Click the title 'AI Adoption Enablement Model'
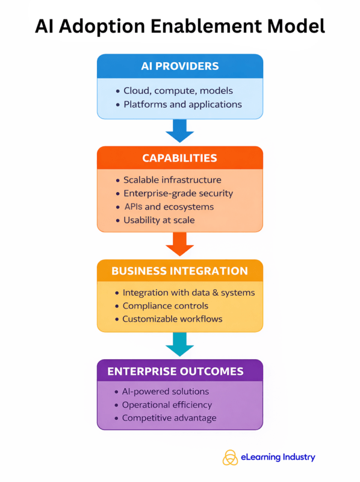(x=180, y=26)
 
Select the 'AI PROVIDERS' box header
(x=180, y=66)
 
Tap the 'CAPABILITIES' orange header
(x=180, y=158)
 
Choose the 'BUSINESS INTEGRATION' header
(x=180, y=271)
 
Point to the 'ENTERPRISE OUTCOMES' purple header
(x=180, y=371)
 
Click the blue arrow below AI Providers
(x=180, y=130)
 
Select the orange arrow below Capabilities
(x=180, y=243)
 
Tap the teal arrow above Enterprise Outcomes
(x=180, y=343)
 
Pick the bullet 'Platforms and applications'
(x=182, y=105)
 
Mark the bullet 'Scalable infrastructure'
(x=172, y=180)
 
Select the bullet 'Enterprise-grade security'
(x=178, y=193)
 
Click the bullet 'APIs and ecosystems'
(x=169, y=207)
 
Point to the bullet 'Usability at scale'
(x=159, y=220)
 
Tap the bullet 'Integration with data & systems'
(x=188, y=293)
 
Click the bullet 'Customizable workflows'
(x=172, y=319)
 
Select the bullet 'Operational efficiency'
(x=167, y=405)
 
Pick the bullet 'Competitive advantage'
(x=169, y=418)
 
